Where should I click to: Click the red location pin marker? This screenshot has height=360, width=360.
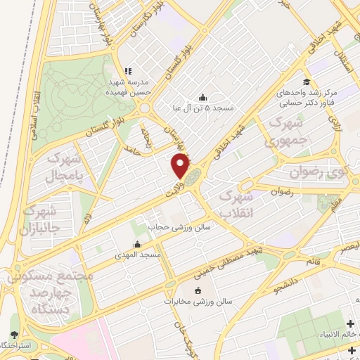pyautogui.click(x=180, y=166)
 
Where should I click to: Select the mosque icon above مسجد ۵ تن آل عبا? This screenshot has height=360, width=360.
pyautogui.click(x=203, y=97)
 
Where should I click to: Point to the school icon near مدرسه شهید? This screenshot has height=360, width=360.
pyautogui.click(x=127, y=71)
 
